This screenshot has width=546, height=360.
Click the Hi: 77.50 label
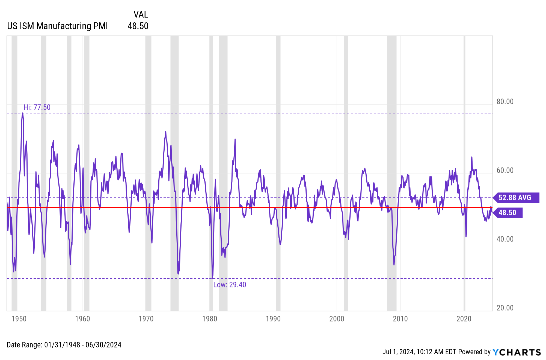coord(37,107)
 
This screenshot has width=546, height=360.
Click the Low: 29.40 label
coord(229,285)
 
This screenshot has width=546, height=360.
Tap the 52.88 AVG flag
coord(515,198)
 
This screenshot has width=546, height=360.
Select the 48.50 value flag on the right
coord(508,213)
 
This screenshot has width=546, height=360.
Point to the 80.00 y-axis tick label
coord(505,102)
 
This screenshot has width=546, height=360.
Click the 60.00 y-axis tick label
coord(505,170)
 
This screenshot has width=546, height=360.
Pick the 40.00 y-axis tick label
coord(505,239)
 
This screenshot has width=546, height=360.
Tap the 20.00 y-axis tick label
coord(505,308)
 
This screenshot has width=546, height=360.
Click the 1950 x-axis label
coord(19,319)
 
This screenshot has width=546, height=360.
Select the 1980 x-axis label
coord(210,319)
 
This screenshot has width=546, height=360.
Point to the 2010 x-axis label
coord(400,319)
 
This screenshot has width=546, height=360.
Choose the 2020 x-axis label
coord(464,319)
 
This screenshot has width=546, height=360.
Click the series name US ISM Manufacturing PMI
coord(57,26)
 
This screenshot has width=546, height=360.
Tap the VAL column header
coord(141,14)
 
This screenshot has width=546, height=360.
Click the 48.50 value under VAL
coord(138,26)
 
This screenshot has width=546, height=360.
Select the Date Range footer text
coord(64,345)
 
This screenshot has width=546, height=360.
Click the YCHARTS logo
coord(517,352)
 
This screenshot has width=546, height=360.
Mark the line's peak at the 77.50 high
coord(23,113)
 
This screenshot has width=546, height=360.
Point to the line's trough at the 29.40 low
coord(212,278)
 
